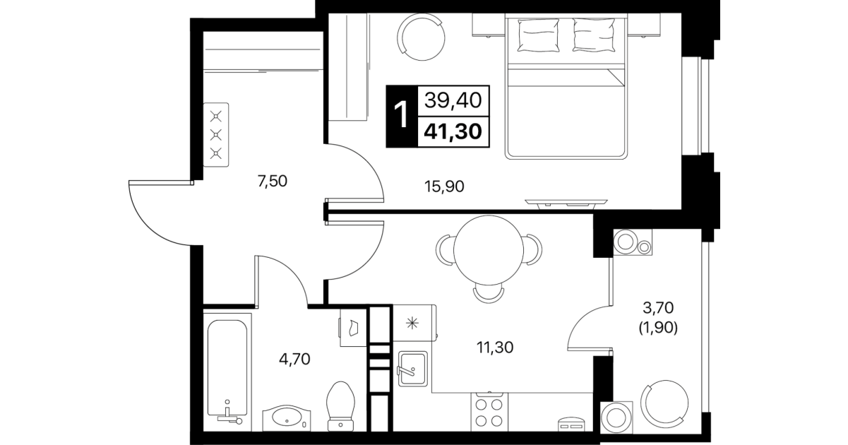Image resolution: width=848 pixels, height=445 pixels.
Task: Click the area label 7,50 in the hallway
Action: tap(272, 182)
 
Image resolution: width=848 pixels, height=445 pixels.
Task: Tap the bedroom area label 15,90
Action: tap(444, 186)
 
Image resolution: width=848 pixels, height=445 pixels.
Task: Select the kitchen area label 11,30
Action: tap(494, 348)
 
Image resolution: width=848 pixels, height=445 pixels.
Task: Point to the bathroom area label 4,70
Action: tap(294, 359)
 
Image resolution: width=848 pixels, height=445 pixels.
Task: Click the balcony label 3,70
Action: tap(658, 308)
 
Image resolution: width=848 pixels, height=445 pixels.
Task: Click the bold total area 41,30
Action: tap(453, 131)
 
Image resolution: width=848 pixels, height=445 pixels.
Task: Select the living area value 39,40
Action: tap(453, 100)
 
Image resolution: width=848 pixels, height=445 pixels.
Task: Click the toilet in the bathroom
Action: tap(341, 406)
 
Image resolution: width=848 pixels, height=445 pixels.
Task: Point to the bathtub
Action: tap(227, 372)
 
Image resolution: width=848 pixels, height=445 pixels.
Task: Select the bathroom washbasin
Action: tap(286, 417)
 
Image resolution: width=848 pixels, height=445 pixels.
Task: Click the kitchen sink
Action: tap(412, 369)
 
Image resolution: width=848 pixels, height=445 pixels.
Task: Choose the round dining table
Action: tap(489, 250)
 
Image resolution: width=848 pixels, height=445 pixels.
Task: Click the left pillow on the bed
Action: tap(538, 35)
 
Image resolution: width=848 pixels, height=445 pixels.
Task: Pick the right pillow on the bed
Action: tap(594, 35)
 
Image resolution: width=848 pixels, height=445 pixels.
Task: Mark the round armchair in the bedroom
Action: tap(421, 37)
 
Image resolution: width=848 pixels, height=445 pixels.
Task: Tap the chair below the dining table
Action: tap(489, 294)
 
